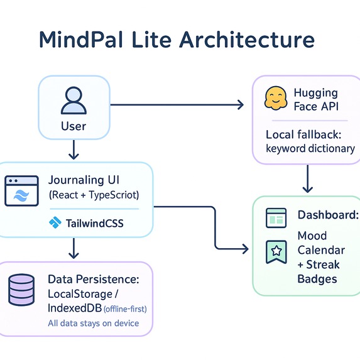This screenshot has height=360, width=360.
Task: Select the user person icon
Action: point(74,99)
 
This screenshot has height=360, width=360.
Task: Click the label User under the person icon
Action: point(74,126)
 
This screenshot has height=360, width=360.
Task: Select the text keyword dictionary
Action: point(310,149)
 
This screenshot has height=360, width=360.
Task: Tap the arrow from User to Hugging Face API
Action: point(176,105)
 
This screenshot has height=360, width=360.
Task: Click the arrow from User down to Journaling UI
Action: point(74,149)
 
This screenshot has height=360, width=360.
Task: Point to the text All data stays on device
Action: point(93,324)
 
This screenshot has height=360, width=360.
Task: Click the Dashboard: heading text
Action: point(327,215)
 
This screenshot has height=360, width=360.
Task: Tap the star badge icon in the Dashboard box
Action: point(276,251)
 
